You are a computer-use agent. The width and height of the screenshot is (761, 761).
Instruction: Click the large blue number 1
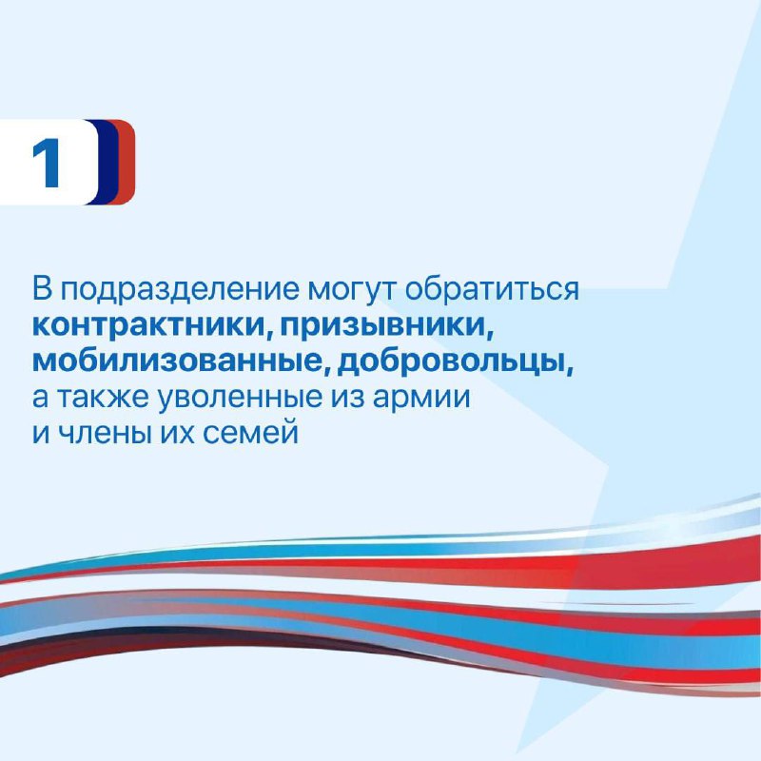tap(46, 162)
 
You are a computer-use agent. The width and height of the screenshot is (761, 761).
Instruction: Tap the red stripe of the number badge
tap(127, 162)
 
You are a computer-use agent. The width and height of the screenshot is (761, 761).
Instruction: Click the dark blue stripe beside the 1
tap(107, 162)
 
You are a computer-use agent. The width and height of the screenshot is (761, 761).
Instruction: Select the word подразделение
tap(180, 290)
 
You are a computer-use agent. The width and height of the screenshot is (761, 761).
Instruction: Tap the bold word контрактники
tap(148, 324)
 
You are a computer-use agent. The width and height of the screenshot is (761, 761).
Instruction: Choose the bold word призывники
tap(382, 326)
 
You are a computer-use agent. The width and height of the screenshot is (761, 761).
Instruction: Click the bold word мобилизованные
tap(176, 361)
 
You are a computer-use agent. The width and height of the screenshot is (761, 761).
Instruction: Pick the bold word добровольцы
tap(450, 362)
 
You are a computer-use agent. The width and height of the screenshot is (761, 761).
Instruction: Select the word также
tap(103, 398)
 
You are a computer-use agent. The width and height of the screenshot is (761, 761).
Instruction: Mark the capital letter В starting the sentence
tap(41, 289)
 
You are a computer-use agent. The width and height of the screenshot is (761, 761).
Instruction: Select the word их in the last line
tap(175, 434)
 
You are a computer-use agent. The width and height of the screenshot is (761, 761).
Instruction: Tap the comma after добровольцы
tap(569, 370)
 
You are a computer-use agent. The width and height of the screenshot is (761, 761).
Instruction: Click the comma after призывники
tap(489, 334)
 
